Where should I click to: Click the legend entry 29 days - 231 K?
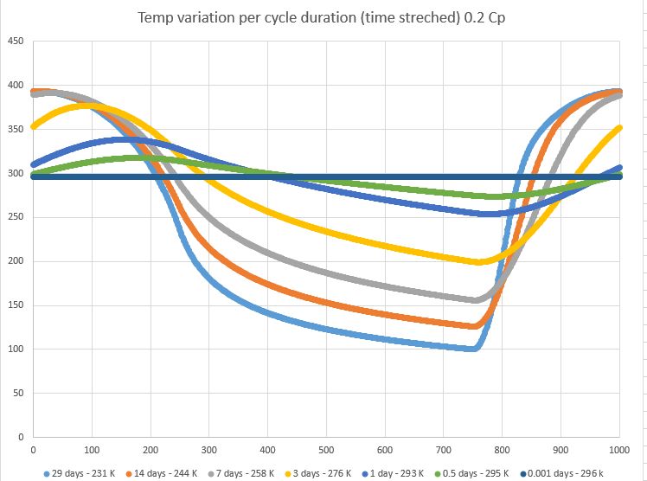pos(83,474)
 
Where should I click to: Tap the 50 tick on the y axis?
pos(16,394)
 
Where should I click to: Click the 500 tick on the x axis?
pos(326,451)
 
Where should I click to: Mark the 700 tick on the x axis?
pos(444,451)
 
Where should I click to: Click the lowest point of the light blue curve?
pos(473,349)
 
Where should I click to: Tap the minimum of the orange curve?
pos(474,326)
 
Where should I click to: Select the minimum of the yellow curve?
pos(478,261)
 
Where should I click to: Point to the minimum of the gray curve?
pos(476,300)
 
